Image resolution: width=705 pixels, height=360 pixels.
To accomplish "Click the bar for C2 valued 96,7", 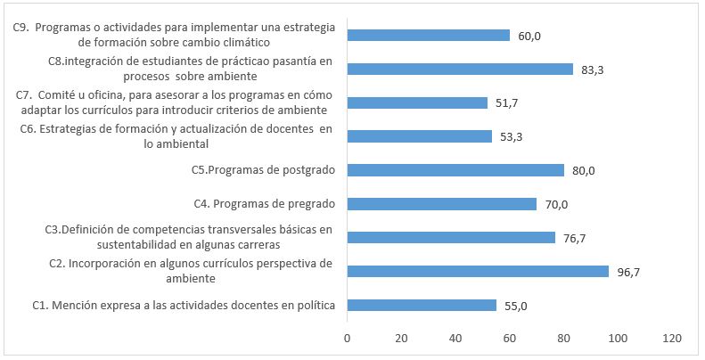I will click(478, 271).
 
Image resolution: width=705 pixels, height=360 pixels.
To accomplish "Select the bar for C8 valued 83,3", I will click(460, 69).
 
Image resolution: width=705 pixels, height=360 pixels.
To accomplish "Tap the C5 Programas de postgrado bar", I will click(455, 170).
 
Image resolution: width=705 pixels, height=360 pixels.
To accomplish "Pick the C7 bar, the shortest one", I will click(417, 102).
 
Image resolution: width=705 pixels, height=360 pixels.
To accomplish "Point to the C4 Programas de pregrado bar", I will click(442, 204).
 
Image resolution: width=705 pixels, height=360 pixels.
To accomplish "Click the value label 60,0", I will click(529, 36).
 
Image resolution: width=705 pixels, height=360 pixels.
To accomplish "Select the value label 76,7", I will click(574, 238).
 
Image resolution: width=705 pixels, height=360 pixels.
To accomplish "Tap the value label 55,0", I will click(516, 306).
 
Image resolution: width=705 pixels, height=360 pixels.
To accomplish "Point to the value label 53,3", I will click(511, 136).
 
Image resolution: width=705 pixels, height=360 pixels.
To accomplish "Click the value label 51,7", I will click(507, 102).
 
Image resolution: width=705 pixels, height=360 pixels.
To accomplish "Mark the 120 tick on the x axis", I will click(672, 339).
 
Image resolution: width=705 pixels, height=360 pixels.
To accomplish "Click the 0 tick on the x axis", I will click(347, 339).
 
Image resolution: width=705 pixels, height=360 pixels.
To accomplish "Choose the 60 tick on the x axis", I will click(510, 339).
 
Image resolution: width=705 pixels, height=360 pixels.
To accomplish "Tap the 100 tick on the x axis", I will click(618, 339).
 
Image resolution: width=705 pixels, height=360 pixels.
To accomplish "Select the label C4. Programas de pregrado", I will click(264, 204).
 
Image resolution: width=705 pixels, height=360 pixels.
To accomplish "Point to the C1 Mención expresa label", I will click(184, 306).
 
